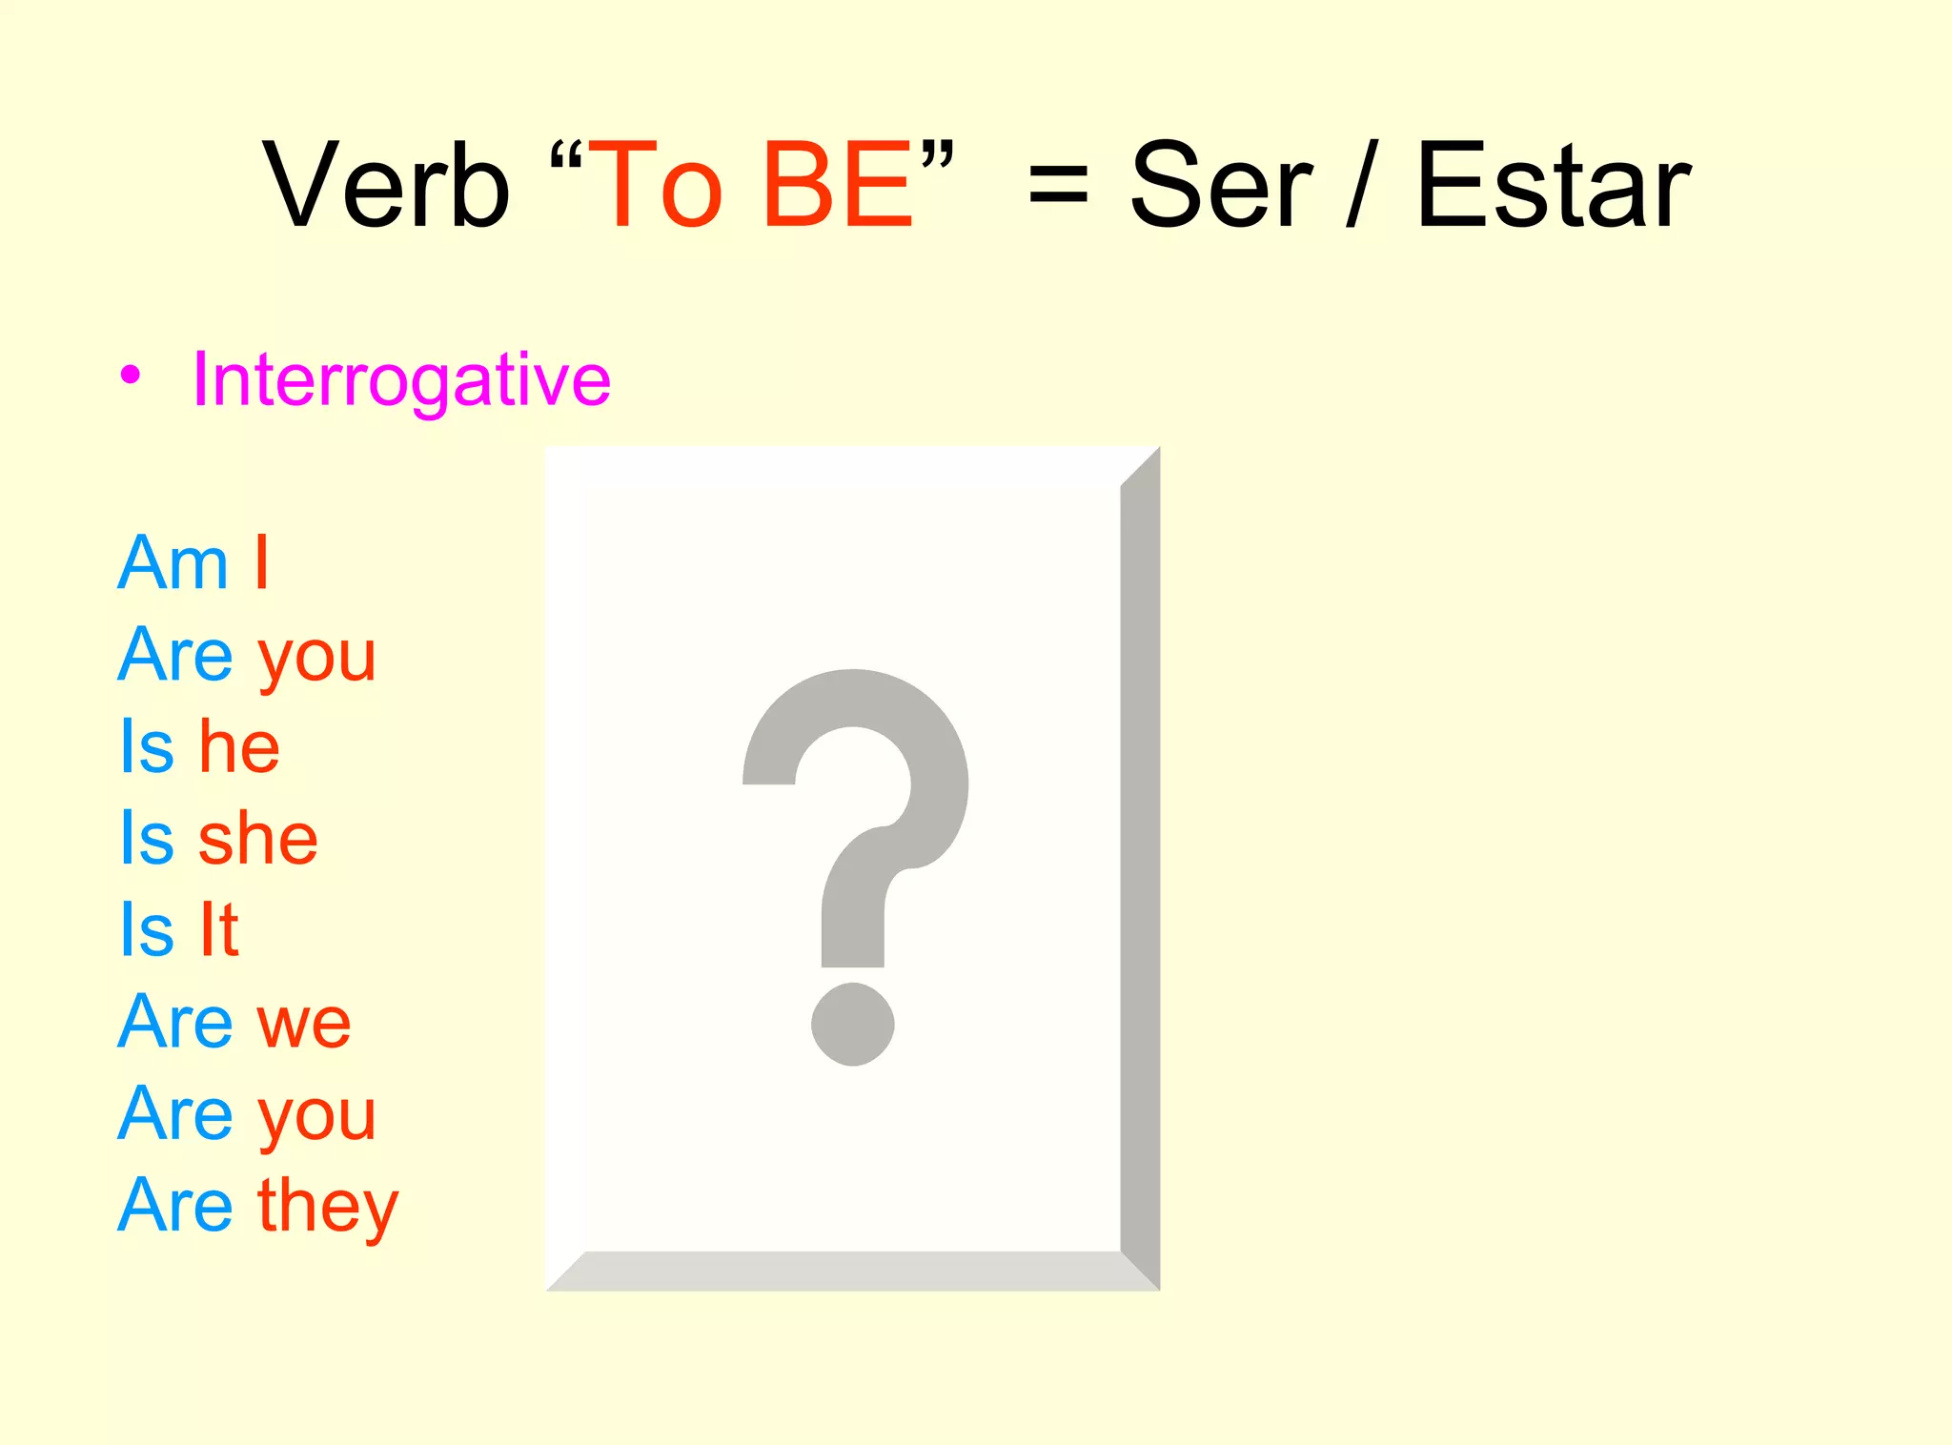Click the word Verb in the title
386,185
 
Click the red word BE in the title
837,185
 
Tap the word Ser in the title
1221,185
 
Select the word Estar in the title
1553,185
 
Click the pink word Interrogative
401,379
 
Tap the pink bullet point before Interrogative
131,375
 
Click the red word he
239,746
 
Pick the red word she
257,839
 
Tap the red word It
218,929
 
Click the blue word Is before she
147,839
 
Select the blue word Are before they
175,1206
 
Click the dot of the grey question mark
852,1024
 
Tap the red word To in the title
656,185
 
